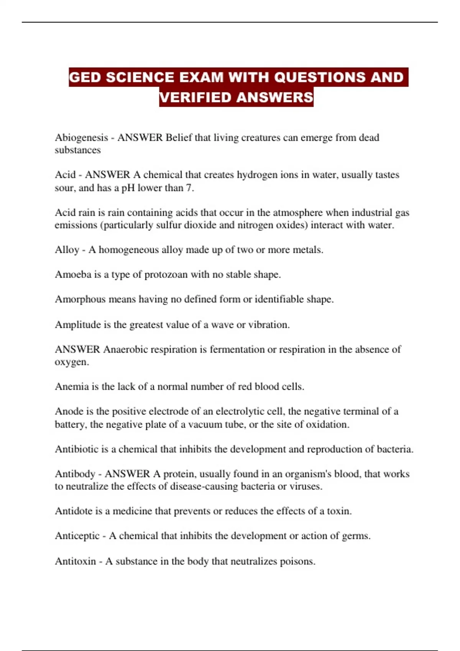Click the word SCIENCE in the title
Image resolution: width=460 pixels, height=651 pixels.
point(141,77)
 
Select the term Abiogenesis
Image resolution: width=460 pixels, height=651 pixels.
point(81,137)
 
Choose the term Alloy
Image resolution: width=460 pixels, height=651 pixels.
point(67,250)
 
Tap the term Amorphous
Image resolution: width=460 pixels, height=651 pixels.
point(80,299)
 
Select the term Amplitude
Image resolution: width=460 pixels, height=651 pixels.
point(78,325)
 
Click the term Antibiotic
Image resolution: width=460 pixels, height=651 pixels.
point(77,449)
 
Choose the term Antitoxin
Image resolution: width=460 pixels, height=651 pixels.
point(75,561)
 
